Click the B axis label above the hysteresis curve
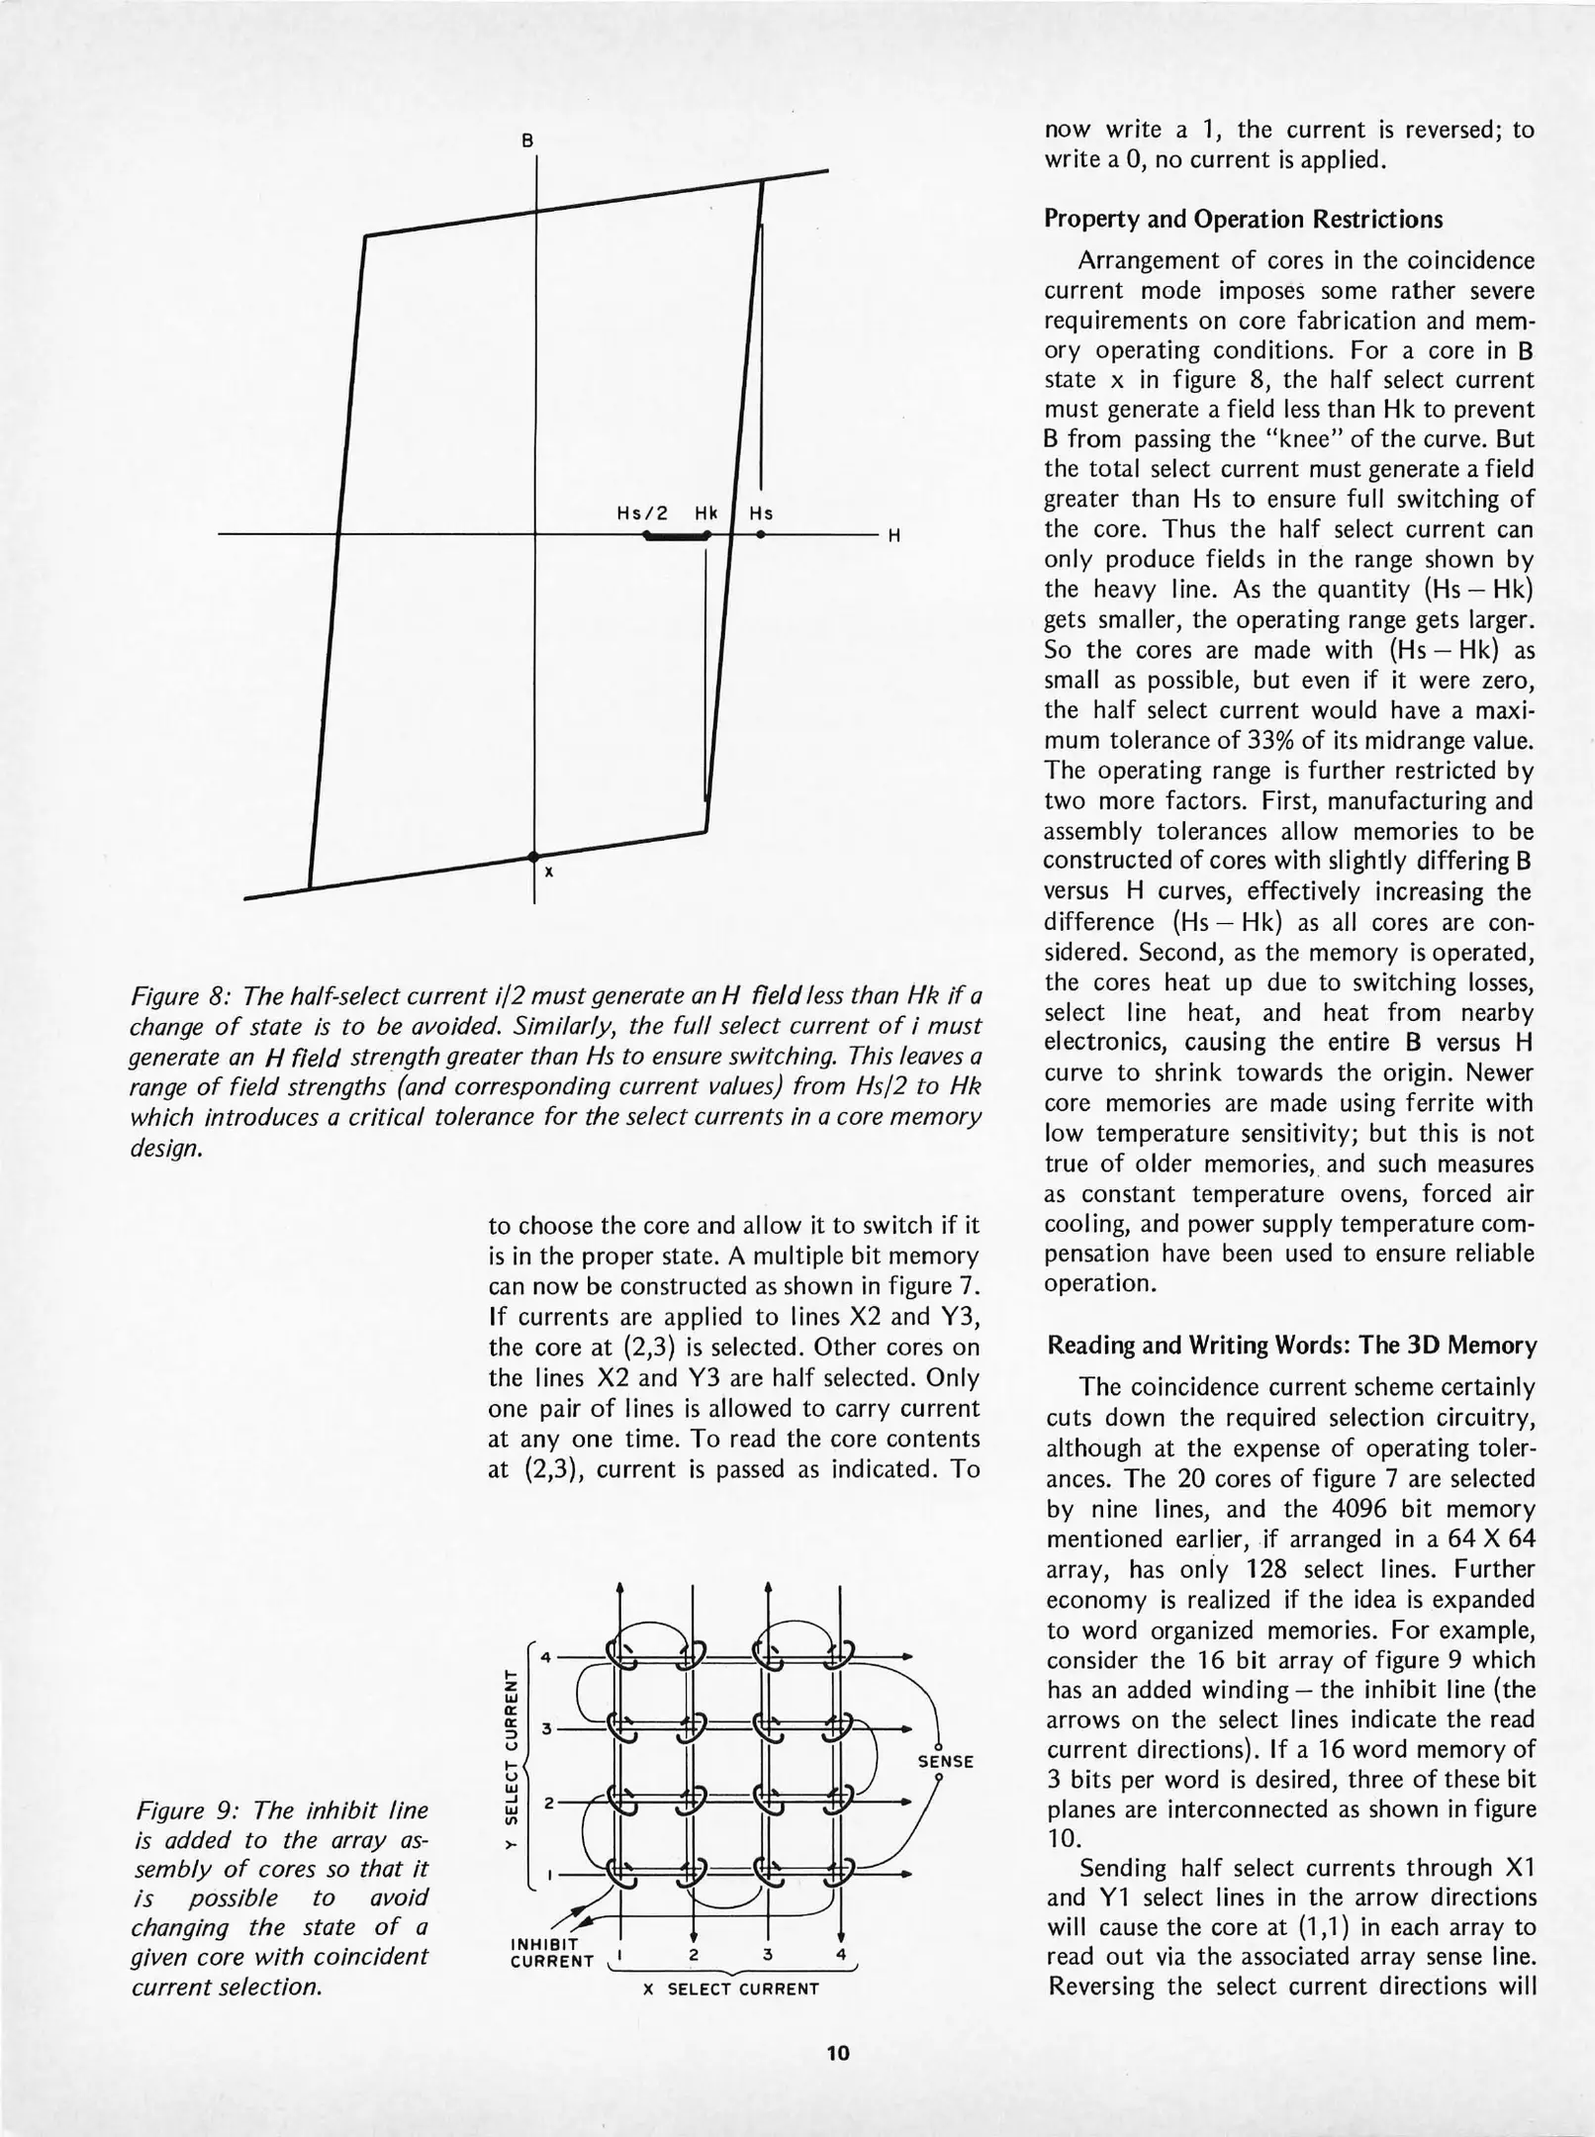click(x=528, y=140)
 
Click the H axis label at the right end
click(x=893, y=536)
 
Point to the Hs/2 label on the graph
click(x=642, y=513)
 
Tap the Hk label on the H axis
click(x=705, y=513)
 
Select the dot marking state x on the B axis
click(x=533, y=855)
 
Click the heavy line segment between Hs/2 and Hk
click(x=676, y=536)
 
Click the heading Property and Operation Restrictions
click(x=1243, y=220)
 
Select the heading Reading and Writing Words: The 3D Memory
click(x=1291, y=1346)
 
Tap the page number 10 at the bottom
click(x=837, y=2053)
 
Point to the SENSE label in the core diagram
click(x=946, y=1762)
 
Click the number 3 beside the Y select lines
click(x=545, y=1728)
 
